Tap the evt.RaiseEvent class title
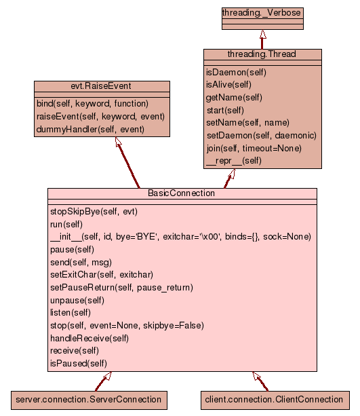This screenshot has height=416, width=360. (101, 86)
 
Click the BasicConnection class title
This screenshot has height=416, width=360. (182, 193)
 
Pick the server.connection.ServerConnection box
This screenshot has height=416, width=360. (88, 400)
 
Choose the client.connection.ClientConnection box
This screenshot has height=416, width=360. (274, 400)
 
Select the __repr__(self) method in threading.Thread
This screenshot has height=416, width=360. (233, 161)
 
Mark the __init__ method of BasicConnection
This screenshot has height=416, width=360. (180, 237)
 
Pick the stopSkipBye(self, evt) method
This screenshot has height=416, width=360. (94, 211)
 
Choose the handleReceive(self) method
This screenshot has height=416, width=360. (80, 338)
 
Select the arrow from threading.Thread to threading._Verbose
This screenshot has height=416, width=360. (262, 39)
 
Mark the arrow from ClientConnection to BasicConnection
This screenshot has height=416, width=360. (261, 381)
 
